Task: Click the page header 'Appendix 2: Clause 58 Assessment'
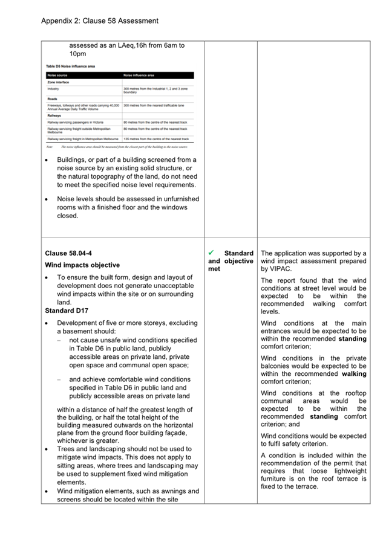click(x=99, y=21)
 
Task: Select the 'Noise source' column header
click(x=57, y=76)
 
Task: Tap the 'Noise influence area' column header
click(x=139, y=76)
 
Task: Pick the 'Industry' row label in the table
click(x=53, y=88)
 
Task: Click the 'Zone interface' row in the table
click(x=59, y=82)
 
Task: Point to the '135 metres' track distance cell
click(x=132, y=139)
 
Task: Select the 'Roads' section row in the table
click(x=52, y=98)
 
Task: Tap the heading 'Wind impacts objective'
click(x=82, y=265)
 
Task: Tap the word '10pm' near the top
click(x=77, y=54)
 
